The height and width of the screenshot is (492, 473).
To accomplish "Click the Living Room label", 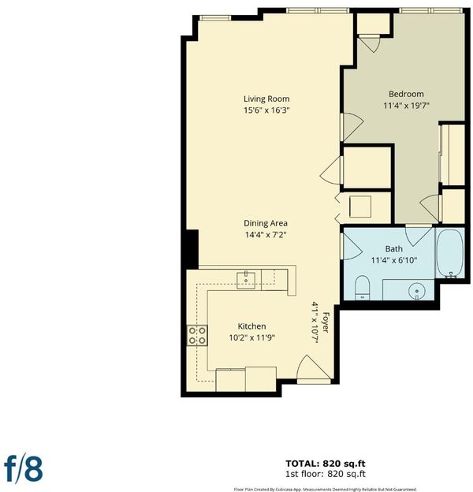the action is coord(266,99).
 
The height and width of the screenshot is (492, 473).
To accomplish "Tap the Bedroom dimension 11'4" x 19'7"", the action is coord(406,106).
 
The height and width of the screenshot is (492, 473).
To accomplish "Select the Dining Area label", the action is coord(266,223).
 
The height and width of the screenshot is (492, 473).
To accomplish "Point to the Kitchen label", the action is coord(251,326).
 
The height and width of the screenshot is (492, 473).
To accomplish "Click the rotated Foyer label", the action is coord(326,322).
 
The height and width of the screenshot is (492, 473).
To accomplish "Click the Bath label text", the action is coord(393,249).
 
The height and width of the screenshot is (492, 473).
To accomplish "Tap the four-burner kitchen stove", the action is coord(197,335).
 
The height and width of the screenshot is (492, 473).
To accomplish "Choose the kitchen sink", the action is coord(246,280).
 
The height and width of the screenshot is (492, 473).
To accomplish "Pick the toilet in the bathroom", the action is coord(363,288).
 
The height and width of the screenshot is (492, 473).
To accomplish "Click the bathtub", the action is coord(450,253).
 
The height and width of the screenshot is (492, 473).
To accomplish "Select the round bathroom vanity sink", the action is coord(417,291).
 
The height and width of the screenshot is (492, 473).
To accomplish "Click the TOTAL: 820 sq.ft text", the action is coord(326,464).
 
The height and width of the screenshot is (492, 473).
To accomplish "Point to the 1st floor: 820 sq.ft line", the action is coord(326,474).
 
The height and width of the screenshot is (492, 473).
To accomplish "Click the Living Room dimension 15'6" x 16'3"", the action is coord(266,110).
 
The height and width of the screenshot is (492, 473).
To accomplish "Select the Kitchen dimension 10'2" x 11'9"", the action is coord(251,338).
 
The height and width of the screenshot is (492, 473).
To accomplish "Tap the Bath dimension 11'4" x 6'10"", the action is coord(394,260).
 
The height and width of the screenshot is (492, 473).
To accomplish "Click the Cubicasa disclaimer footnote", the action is coord(326,489).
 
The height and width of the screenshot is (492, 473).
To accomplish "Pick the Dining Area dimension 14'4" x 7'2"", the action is coord(266,235).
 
